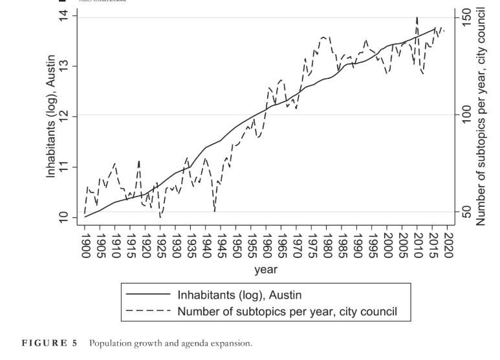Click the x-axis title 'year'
click(x=265, y=269)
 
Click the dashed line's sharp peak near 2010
click(x=417, y=17)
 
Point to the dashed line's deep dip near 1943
click(x=214, y=211)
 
